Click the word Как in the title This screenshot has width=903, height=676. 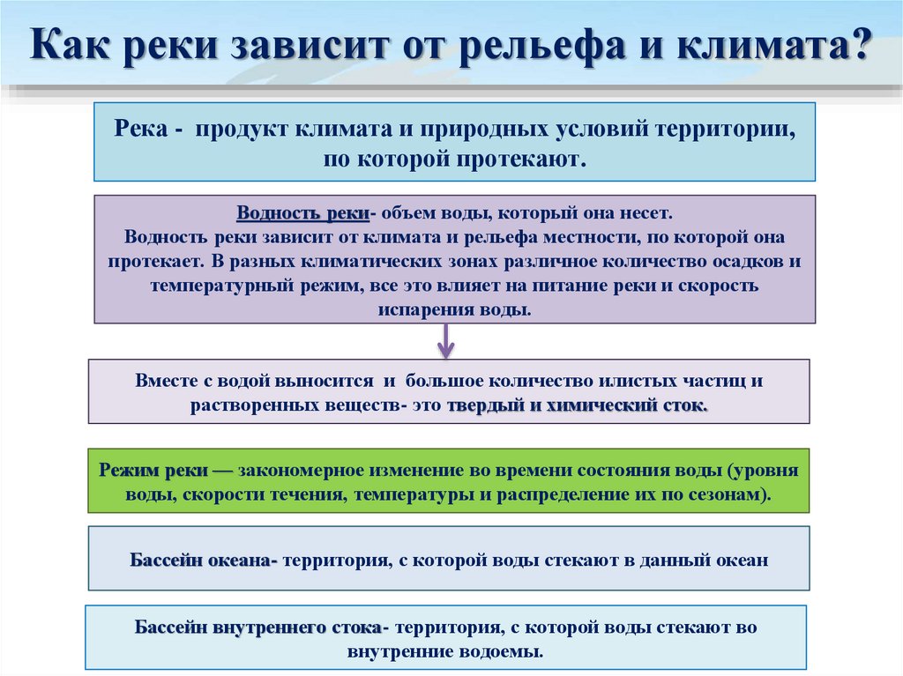point(71,45)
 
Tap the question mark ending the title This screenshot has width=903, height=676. point(855,45)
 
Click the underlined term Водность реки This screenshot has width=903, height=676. point(302,214)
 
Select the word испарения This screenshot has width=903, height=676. point(422,310)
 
